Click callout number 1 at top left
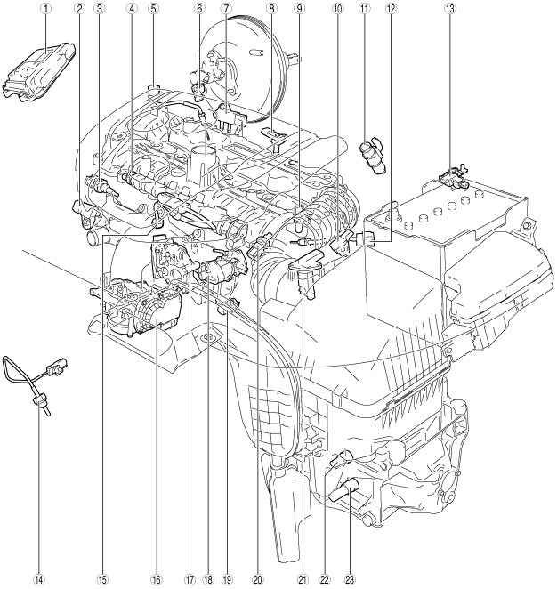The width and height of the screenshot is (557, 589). [x=45, y=9]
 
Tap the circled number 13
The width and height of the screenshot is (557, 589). [x=449, y=9]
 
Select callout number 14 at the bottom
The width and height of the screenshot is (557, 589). [x=39, y=580]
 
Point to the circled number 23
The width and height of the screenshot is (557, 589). [x=350, y=580]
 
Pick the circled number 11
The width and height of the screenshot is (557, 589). [x=364, y=9]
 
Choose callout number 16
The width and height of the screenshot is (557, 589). [x=157, y=580]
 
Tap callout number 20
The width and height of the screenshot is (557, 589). [x=257, y=580]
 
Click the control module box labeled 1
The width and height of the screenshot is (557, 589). [x=39, y=72]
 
